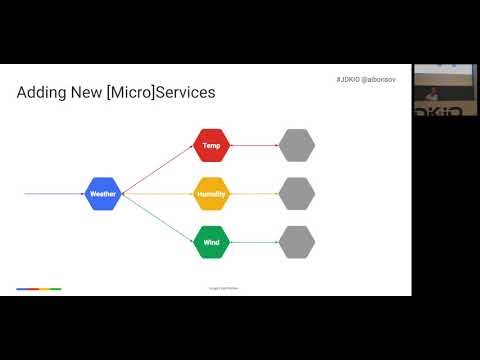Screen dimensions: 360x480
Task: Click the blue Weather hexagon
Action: [103, 193]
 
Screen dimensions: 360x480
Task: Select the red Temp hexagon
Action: [211, 145]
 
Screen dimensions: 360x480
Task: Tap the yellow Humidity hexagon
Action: [211, 193]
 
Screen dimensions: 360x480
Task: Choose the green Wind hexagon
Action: [211, 242]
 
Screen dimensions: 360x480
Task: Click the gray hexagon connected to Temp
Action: [297, 145]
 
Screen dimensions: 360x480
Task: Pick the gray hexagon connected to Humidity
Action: [297, 193]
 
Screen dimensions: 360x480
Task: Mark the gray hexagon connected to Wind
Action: [297, 242]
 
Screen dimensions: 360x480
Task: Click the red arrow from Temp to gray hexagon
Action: [254, 145]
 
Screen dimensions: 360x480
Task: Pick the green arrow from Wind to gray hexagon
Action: [254, 242]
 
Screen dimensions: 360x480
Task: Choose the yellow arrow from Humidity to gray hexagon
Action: [254, 193]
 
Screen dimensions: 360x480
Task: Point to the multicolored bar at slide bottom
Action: [39, 289]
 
